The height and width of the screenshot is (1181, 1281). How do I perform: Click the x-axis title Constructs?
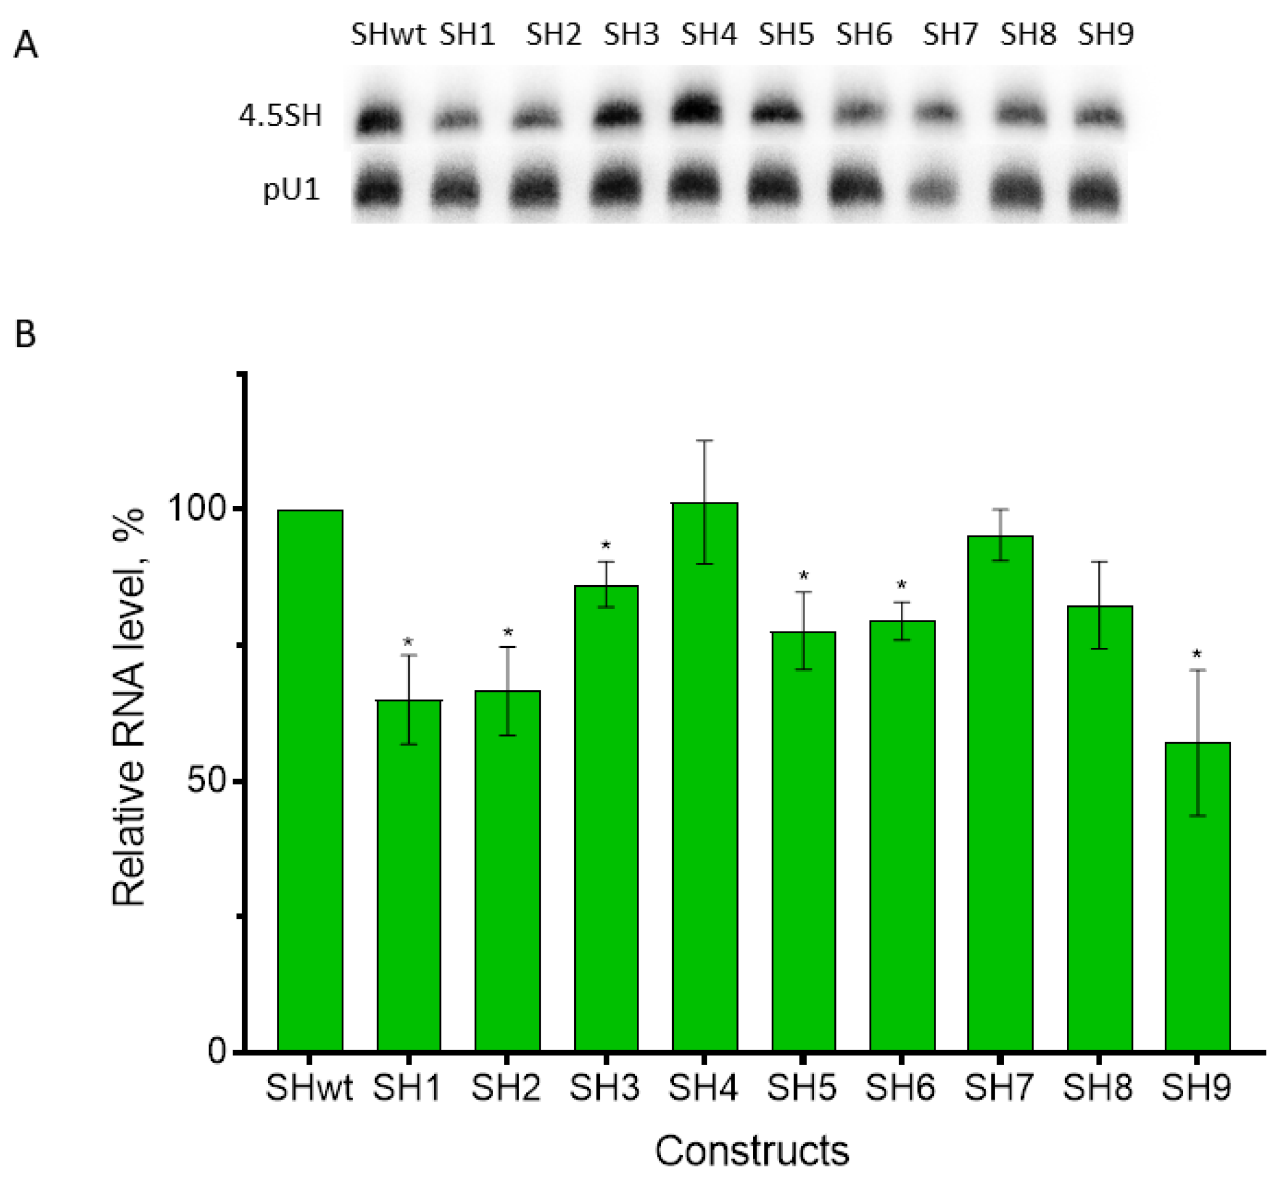(751, 1151)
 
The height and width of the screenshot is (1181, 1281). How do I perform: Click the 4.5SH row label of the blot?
(280, 116)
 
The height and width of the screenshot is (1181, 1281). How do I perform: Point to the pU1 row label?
(291, 190)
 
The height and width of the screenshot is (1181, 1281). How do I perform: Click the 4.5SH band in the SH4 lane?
(696, 111)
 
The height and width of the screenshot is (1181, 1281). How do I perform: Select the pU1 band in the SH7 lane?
(934, 190)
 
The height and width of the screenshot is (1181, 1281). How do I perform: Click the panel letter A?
(26, 46)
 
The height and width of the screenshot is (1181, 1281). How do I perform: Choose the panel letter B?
(25, 335)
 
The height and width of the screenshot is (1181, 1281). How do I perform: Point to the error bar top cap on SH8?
(1098, 561)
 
